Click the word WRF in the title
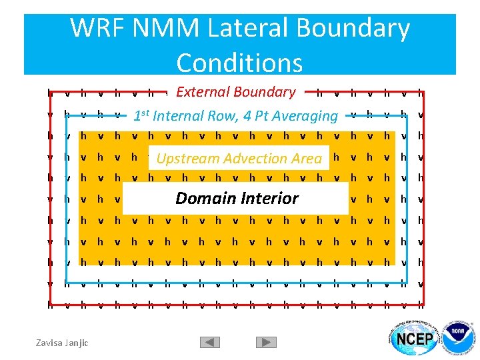(99, 29)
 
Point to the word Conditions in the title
(239, 63)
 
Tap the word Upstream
(185, 159)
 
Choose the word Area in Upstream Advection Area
(307, 159)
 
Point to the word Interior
(269, 199)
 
